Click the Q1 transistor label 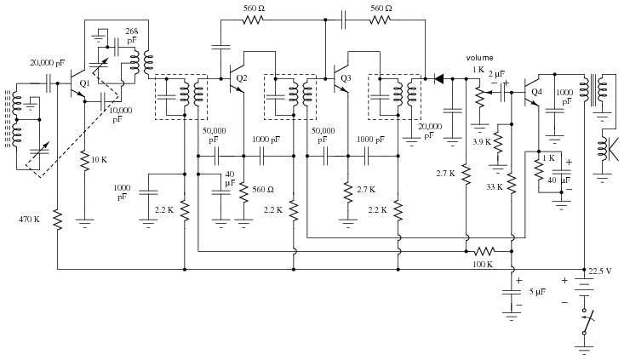coord(85,83)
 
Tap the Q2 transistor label coord(242,78)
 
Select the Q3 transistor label coord(346,78)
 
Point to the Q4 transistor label coord(536,92)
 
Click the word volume coord(479,58)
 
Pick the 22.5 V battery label coord(600,271)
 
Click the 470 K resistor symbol coord(58,220)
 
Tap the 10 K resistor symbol coord(84,161)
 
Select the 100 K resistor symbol coord(484,251)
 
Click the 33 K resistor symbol coord(512,184)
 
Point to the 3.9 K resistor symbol coord(498,142)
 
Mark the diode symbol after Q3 coord(438,79)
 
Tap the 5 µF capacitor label coord(537,292)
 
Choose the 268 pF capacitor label coord(132,36)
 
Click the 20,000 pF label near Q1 coord(48,62)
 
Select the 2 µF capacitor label coord(496,73)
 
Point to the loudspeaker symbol coord(609,149)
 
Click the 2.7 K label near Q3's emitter coord(366,189)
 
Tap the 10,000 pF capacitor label coord(120,115)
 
